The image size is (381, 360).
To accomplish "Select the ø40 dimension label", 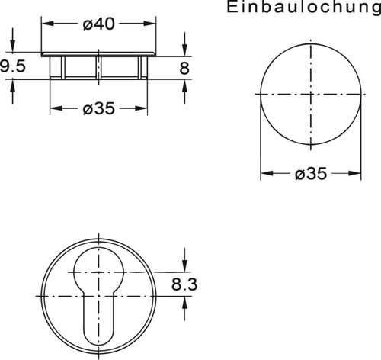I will pyautogui.click(x=98, y=24).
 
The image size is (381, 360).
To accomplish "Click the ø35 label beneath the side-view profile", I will pyautogui.click(x=98, y=108).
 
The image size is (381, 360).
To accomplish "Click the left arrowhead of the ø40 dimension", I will pyautogui.click(x=45, y=24).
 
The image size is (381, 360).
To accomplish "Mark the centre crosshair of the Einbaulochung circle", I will pyautogui.click(x=309, y=95).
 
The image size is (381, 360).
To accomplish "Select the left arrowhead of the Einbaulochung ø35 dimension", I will pyautogui.click(x=264, y=174).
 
